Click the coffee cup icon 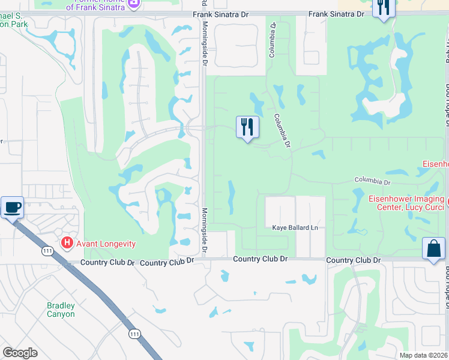[x=12, y=208]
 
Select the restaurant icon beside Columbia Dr [x=247, y=127]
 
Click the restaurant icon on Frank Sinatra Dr [x=383, y=8]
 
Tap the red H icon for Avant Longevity [x=68, y=244]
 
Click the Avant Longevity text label [x=106, y=244]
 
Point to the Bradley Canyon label [x=61, y=310]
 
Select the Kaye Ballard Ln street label [x=295, y=228]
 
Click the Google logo [x=20, y=353]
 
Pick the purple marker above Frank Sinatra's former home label [x=134, y=5]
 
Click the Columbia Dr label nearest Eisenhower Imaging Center [x=372, y=181]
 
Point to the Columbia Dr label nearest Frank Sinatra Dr [x=273, y=40]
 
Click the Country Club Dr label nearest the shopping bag [x=354, y=260]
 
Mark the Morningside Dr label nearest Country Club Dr [x=205, y=230]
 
